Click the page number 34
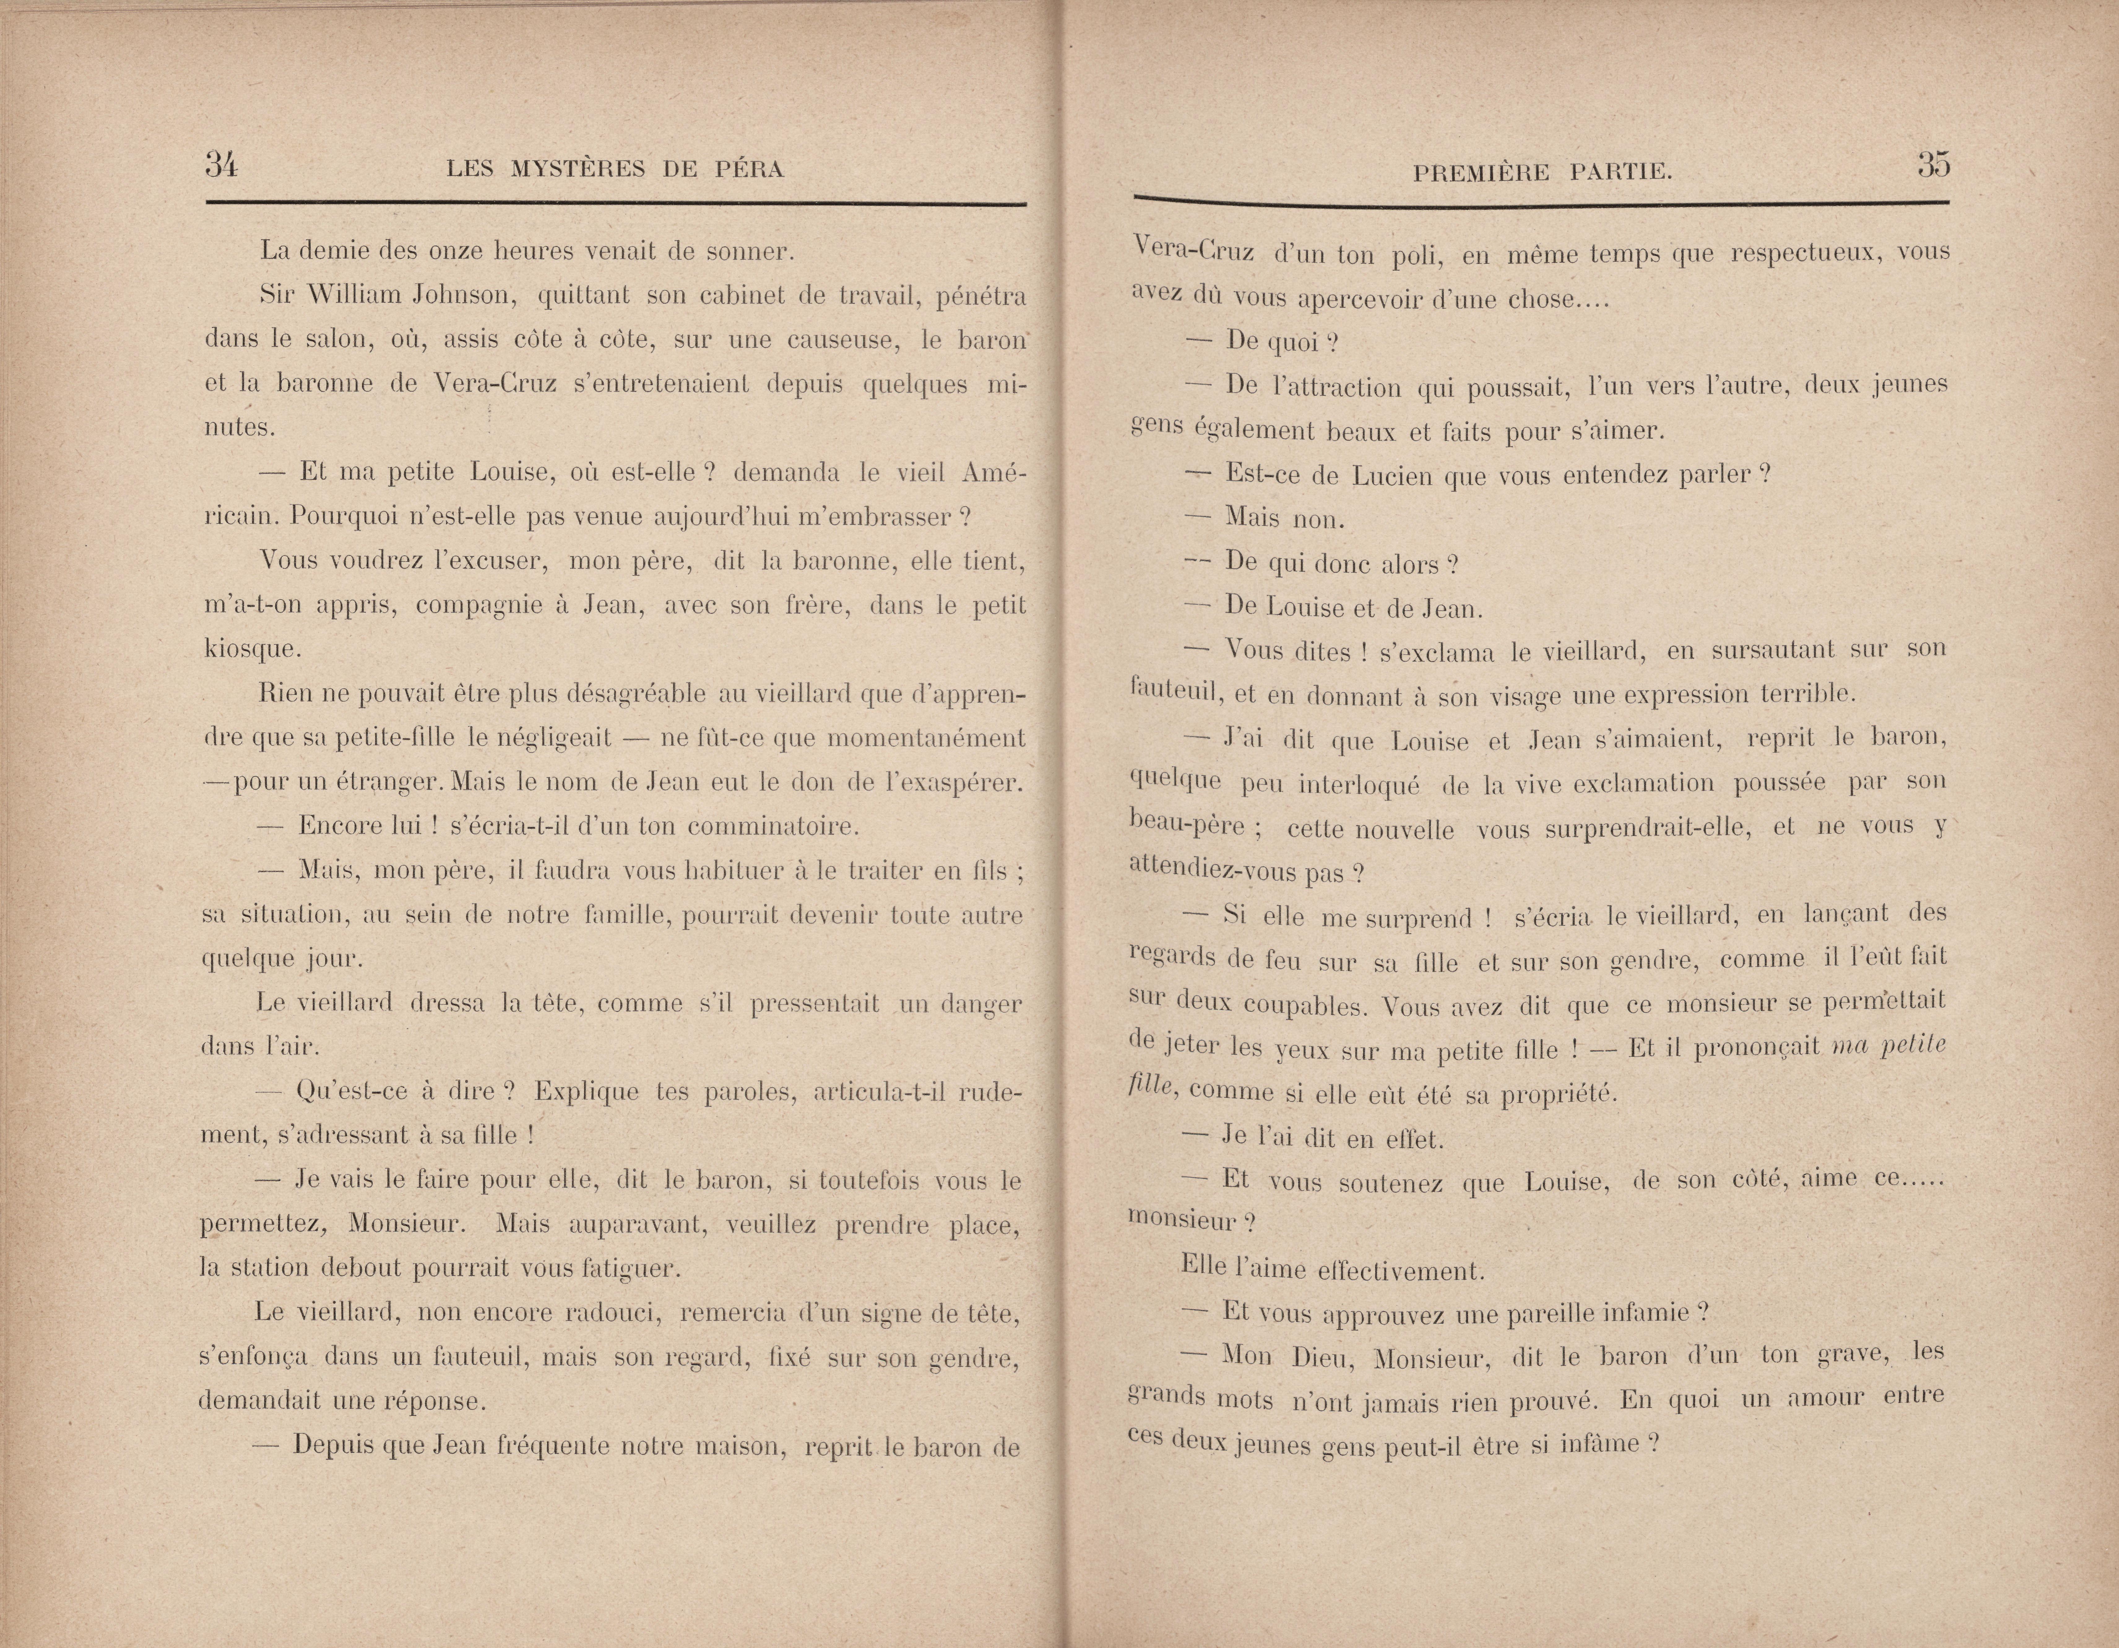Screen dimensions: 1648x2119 pos(221,166)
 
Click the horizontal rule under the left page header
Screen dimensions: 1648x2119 pos(615,204)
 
